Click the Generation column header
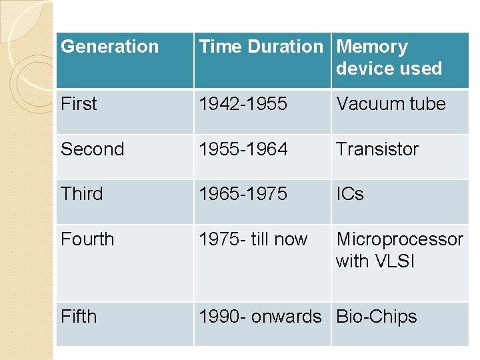pos(110,47)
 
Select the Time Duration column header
pos(261,47)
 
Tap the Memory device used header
pos(389,57)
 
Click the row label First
pos(79,104)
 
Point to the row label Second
pos(92,149)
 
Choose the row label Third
pos(82,194)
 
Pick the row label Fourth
pos(87,239)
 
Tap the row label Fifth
pos(79,317)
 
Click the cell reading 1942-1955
pos(243,104)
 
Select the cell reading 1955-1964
pos(243,149)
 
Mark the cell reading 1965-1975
pos(243,194)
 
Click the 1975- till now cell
pos(253,239)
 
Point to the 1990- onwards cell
pos(260,317)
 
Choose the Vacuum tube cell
pos(391,104)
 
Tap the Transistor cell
pos(377,149)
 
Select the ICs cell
pos(350,194)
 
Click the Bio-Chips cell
pos(377,317)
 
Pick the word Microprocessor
pos(399,239)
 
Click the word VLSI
pos(394,261)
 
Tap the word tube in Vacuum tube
pos(427,104)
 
